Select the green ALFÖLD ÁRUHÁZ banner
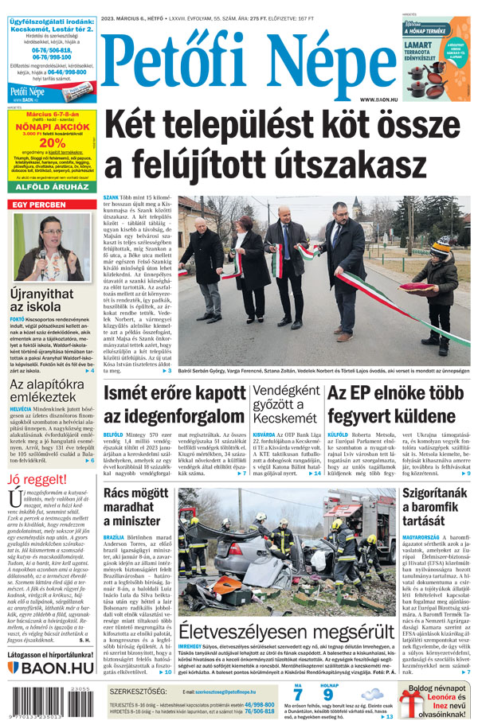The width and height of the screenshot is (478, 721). [x=53, y=188]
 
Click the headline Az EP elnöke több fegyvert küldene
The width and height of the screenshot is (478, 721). [x=395, y=404]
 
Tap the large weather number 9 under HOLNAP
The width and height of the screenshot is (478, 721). [x=327, y=694]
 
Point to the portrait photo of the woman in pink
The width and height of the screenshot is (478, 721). [x=52, y=246]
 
